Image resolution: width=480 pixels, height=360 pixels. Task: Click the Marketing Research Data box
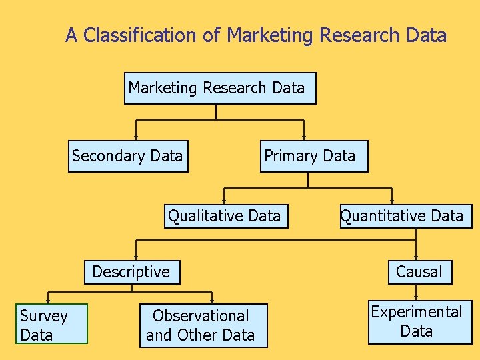click(x=220, y=88)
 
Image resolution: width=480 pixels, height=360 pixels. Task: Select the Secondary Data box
click(x=128, y=156)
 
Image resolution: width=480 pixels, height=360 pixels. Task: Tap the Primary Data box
click(x=313, y=156)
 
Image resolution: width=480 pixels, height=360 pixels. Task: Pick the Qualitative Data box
click(x=226, y=216)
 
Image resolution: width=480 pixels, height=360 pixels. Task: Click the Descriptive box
click(x=132, y=272)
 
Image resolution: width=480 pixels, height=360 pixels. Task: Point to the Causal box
click(x=420, y=272)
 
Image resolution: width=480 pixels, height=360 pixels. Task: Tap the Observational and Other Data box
click(x=203, y=326)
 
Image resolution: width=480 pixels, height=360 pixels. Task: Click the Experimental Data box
click(x=419, y=322)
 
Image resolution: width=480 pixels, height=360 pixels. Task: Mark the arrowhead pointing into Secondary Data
click(x=136, y=137)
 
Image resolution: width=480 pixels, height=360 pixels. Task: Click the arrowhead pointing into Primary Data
click(x=304, y=137)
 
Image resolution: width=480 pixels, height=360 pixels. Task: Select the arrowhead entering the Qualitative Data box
click(x=225, y=201)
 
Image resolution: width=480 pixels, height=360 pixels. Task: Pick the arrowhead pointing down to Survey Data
click(x=47, y=301)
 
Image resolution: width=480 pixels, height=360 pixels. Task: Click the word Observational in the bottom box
click(x=201, y=316)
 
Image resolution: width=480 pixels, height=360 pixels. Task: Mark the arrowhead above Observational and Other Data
click(x=212, y=301)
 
